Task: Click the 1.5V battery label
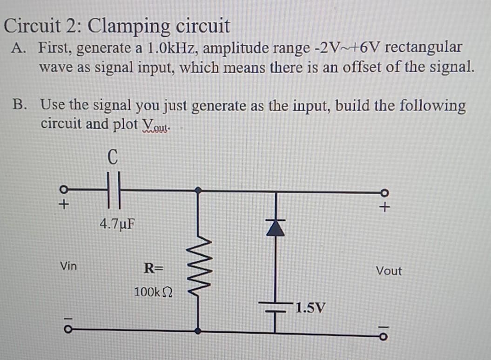310,308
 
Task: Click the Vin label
69,267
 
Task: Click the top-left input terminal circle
65,190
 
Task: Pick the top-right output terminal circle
385,192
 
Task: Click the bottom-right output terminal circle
384,336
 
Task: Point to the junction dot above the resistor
199,190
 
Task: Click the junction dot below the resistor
199,331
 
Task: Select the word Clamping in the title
131,26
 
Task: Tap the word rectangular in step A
424,48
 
